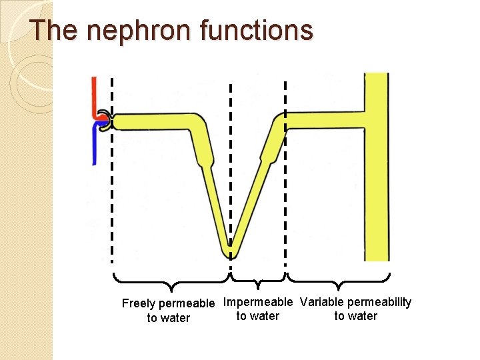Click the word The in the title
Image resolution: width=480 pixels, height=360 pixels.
pyautogui.click(x=53, y=31)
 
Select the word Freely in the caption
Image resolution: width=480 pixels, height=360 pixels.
pyautogui.click(x=139, y=304)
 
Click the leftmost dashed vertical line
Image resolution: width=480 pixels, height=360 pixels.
pyautogui.click(x=112, y=200)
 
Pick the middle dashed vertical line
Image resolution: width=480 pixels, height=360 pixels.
pyautogui.click(x=231, y=167)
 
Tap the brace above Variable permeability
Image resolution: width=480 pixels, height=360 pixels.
pyautogui.click(x=338, y=280)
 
